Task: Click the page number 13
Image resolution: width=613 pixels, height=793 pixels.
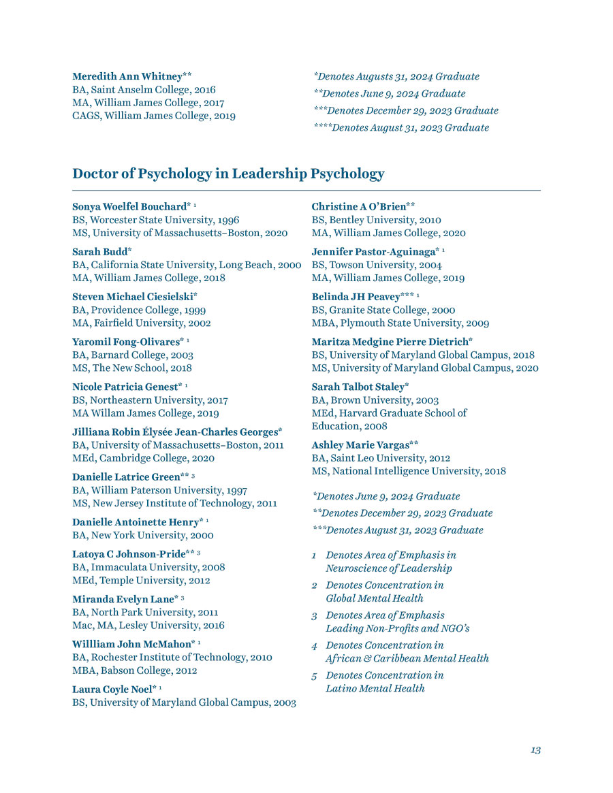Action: coord(535,749)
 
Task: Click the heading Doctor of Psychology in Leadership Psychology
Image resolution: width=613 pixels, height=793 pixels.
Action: coord(228,174)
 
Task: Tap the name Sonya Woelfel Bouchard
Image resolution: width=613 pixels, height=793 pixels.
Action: coord(129,206)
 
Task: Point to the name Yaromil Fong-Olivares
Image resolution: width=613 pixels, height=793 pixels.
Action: coord(125,342)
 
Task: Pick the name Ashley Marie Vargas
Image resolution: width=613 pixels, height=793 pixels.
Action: coord(360,444)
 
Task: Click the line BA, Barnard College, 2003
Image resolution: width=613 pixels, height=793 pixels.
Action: coord(133,355)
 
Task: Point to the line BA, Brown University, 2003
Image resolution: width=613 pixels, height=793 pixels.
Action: coord(375,400)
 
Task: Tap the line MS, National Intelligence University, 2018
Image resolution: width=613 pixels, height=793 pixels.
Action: coord(409,471)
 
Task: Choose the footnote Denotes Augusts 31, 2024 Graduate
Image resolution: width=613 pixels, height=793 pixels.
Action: coord(396,76)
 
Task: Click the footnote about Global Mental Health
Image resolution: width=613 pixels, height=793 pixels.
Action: coord(384,592)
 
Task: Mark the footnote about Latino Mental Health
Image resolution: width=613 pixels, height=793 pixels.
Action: coord(384,681)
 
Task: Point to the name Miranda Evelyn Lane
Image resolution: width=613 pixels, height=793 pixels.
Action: coord(123,599)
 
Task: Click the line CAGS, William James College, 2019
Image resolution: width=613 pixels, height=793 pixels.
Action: coord(154,116)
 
